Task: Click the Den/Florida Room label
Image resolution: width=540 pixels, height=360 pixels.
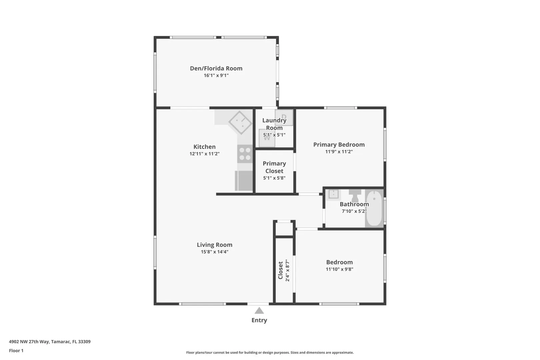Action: (x=216, y=68)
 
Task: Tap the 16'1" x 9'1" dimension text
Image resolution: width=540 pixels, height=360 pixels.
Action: (x=216, y=75)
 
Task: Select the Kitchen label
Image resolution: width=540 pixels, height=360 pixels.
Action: (x=204, y=147)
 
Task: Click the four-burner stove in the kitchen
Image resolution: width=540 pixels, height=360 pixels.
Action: (x=245, y=154)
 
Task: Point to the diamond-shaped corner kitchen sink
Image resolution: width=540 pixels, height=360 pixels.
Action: (x=240, y=122)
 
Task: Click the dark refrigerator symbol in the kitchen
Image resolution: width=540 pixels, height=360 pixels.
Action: (x=244, y=181)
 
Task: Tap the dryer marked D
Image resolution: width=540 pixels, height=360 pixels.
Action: (x=284, y=117)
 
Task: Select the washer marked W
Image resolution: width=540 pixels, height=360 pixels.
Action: (x=267, y=138)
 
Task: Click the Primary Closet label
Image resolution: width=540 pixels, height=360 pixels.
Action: (x=274, y=167)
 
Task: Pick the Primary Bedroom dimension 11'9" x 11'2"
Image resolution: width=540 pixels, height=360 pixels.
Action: (x=339, y=152)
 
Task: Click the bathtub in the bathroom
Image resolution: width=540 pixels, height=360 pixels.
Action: (x=374, y=208)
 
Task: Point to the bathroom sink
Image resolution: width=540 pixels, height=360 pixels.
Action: (x=333, y=194)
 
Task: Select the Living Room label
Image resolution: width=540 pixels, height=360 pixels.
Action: (x=215, y=245)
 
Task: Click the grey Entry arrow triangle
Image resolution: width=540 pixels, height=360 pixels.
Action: (x=259, y=310)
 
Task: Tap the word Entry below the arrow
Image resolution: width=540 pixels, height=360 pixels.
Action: (x=259, y=320)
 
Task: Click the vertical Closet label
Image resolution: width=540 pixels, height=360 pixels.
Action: (x=280, y=270)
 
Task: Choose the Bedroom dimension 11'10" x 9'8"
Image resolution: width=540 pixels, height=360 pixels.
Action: (x=339, y=269)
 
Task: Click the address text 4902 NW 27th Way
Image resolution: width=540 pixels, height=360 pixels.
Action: (x=29, y=342)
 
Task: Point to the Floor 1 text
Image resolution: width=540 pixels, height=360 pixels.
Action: (x=16, y=351)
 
